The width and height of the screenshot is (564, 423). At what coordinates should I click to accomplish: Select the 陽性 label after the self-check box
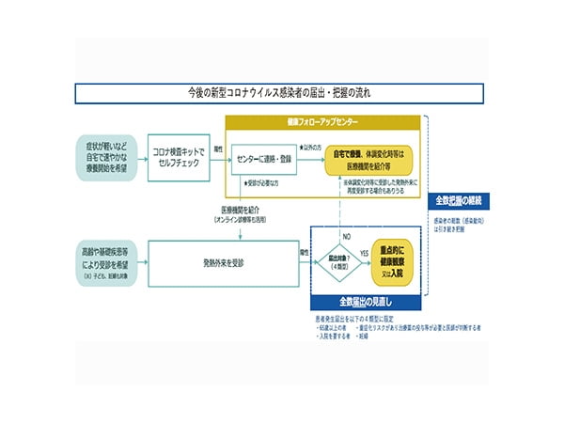217,147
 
